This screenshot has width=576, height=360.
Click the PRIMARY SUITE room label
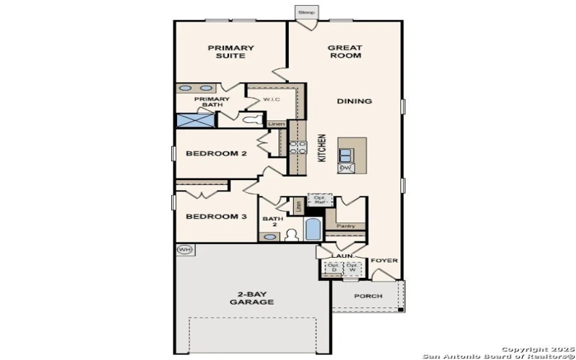[x=230, y=52]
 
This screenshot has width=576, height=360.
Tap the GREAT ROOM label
[x=345, y=52]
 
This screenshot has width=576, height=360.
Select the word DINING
[x=354, y=102]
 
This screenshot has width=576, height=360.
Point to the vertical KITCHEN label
[x=322, y=148]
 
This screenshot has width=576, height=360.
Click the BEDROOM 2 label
[x=216, y=153]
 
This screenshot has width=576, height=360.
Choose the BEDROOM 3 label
[x=216, y=217]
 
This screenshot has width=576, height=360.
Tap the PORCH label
[x=368, y=297]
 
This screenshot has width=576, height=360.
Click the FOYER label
[x=384, y=261]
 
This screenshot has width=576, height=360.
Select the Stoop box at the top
[x=306, y=13]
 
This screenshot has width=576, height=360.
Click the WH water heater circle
[x=185, y=250]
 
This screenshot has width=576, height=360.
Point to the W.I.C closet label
[x=271, y=99]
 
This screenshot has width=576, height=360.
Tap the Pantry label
[x=346, y=226]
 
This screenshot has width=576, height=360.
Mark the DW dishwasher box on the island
[x=346, y=168]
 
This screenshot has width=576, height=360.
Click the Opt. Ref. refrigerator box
[x=318, y=199]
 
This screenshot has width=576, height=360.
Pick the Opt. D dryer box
[x=333, y=268]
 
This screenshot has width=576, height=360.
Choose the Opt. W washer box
[x=352, y=268]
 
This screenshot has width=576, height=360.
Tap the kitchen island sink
[x=346, y=153]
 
